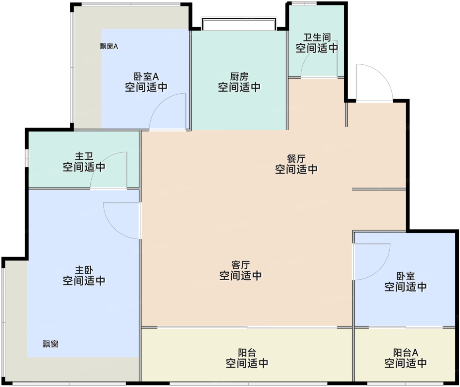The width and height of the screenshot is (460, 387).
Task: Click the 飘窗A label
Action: pos(109,46)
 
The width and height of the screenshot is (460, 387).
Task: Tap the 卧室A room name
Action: pos(146,77)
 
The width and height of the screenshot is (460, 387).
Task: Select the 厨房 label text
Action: pos(239,77)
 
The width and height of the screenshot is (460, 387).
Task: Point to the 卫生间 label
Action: pos(317,37)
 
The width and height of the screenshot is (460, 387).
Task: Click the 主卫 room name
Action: pos(84,156)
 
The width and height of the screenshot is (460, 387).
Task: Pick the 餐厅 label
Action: pos(296,159)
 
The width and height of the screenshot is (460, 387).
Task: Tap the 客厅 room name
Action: pos(241,265)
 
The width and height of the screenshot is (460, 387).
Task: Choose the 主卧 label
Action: pos(84,270)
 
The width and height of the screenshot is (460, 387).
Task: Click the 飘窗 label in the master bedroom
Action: pos(51,344)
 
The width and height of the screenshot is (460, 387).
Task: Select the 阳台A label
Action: pos(405,353)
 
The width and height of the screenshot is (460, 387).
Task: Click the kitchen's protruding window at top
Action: pos(239,24)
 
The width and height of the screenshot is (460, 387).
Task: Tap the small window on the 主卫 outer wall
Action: pos(27,158)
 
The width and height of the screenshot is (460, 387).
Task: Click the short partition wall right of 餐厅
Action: pos(379,189)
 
